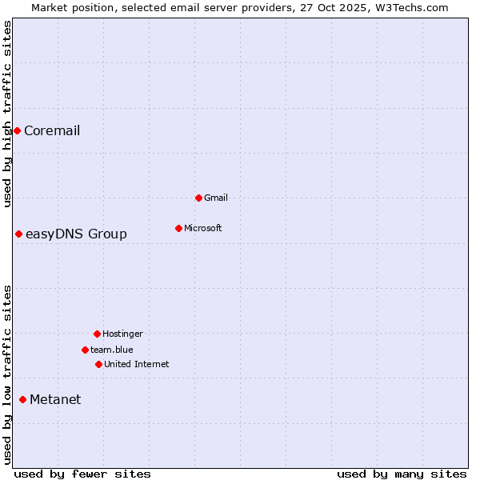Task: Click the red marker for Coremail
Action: pyautogui.click(x=17, y=130)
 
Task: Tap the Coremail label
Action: pyautogui.click(x=52, y=131)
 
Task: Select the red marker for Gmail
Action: pyautogui.click(x=198, y=198)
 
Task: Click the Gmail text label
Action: pyautogui.click(x=216, y=198)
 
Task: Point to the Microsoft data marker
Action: pyautogui.click(x=178, y=228)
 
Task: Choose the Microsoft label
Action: pyautogui.click(x=203, y=228)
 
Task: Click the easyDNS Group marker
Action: pyautogui.click(x=18, y=234)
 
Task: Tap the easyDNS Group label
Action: pyautogui.click(x=76, y=234)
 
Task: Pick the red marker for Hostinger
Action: pyautogui.click(x=97, y=334)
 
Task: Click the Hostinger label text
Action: pyautogui.click(x=122, y=334)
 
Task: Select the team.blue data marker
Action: pyautogui.click(x=85, y=350)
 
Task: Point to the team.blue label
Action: pyautogui.click(x=112, y=350)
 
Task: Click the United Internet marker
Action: pyautogui.click(x=98, y=364)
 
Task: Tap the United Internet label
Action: pyautogui.click(x=136, y=364)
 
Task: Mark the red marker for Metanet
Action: pyautogui.click(x=22, y=399)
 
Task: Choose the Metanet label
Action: pyautogui.click(x=55, y=400)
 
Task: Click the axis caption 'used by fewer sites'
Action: pyautogui.click(x=82, y=474)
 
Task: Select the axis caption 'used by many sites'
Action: pyautogui.click(x=402, y=474)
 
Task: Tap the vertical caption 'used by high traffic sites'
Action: pyautogui.click(x=7, y=114)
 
